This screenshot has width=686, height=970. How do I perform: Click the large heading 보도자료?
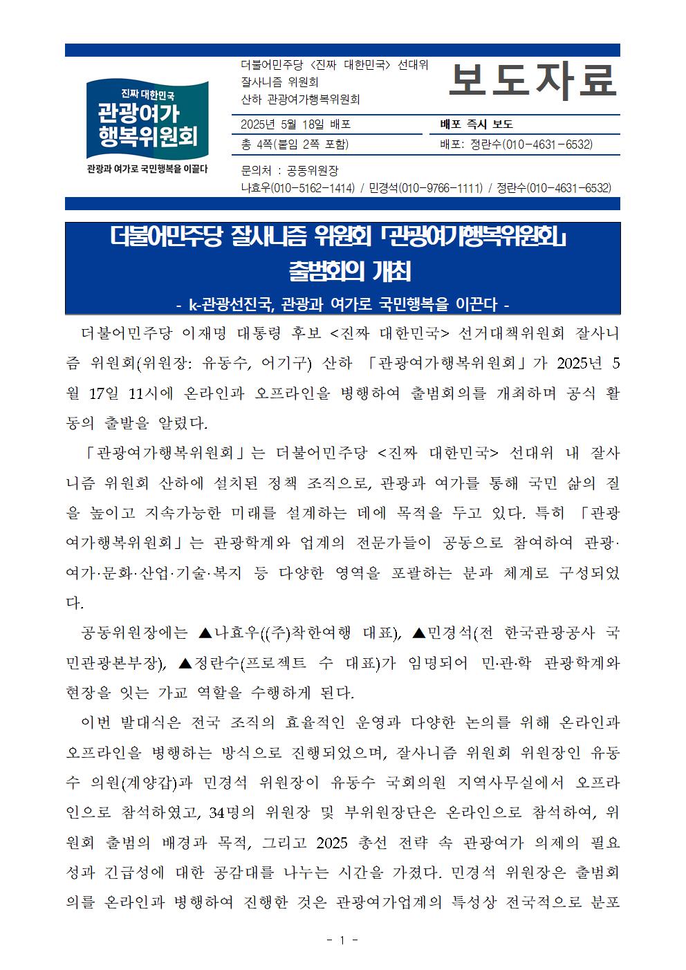click(531, 81)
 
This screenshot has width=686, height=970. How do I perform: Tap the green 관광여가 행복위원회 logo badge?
click(147, 119)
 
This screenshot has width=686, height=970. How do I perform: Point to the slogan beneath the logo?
click(147, 169)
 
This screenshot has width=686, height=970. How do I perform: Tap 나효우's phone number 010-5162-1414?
click(312, 188)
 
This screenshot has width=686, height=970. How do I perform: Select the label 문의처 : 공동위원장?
click(289, 171)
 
